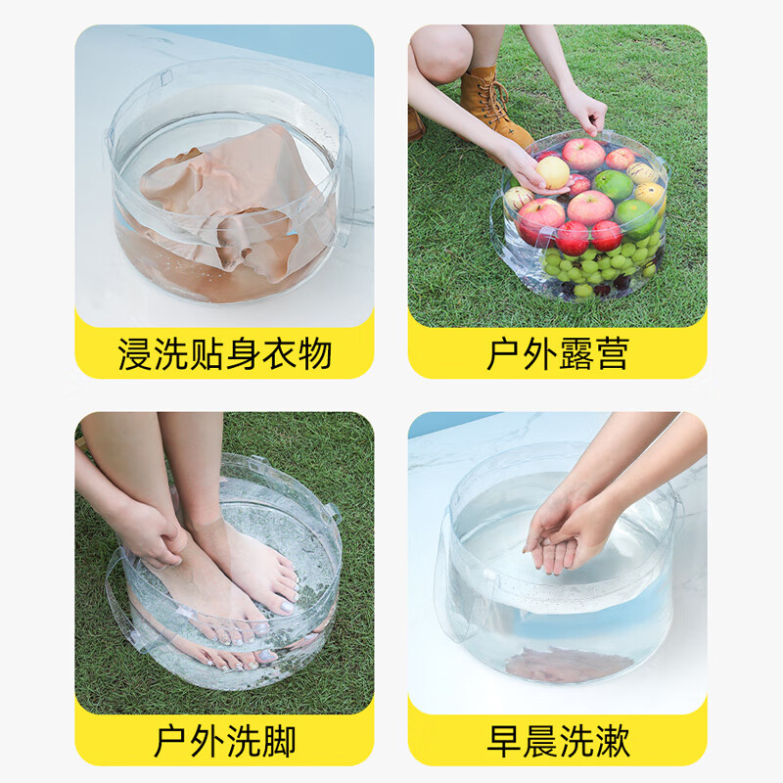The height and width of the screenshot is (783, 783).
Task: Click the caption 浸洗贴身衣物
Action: point(224,353)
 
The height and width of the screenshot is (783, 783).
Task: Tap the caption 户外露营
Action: point(557,353)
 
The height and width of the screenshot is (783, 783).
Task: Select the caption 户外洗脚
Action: point(224,741)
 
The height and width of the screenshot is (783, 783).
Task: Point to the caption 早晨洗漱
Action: point(557,741)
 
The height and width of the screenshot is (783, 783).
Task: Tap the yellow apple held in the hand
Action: point(553,172)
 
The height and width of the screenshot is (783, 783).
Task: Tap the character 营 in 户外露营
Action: point(610,353)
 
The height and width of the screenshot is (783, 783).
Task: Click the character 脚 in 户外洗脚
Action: point(277,741)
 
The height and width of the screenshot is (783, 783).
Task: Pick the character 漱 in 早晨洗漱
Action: point(610,741)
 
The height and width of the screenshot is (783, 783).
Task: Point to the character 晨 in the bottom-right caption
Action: point(539,741)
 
